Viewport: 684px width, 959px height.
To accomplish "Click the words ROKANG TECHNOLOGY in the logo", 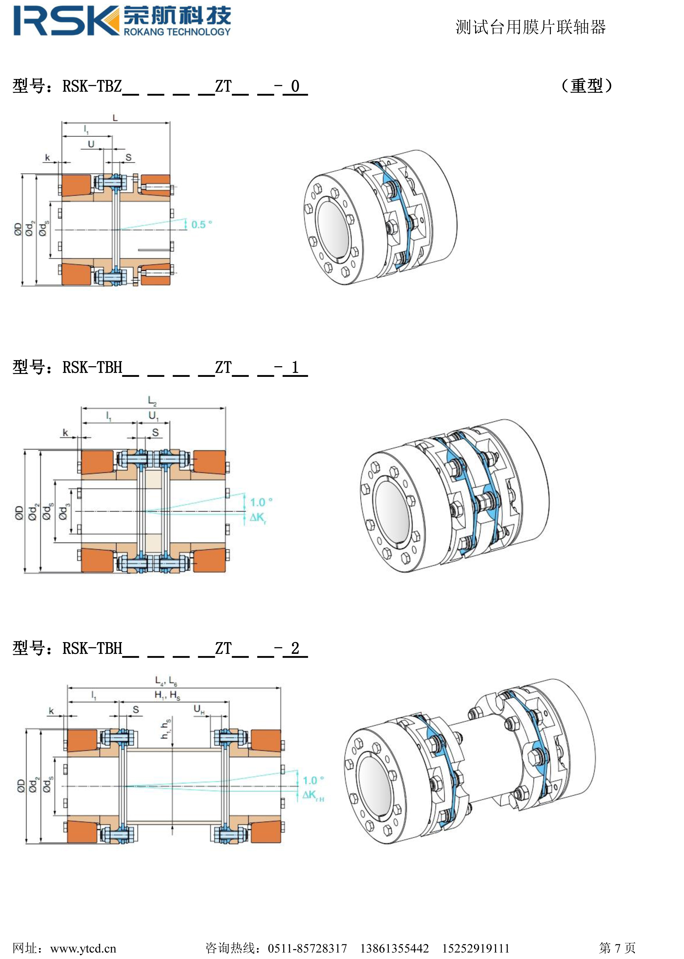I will [177, 32].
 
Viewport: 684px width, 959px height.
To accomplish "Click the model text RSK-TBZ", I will [92, 86].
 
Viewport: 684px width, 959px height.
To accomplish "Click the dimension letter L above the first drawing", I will [115, 118].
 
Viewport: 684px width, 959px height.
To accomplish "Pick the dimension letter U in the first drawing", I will [91, 144].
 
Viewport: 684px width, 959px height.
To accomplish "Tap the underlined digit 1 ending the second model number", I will [295, 367].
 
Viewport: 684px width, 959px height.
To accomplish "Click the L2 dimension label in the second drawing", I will [152, 400].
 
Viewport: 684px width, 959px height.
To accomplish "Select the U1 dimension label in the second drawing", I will [153, 416].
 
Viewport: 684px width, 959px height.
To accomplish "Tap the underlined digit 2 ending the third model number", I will [295, 648].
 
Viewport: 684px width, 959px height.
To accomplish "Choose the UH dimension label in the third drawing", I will [199, 710].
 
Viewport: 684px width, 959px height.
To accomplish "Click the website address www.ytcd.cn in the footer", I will [83, 948].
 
